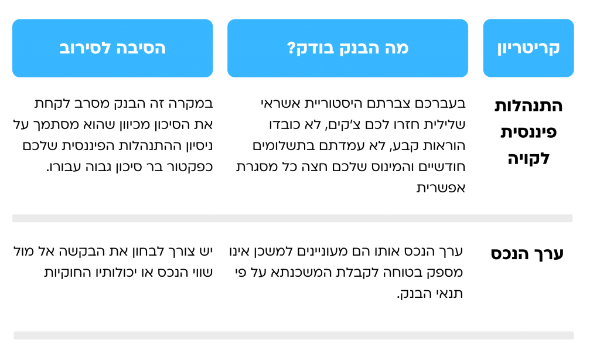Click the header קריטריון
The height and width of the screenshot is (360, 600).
pos(529,48)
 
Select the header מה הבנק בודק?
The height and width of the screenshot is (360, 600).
pos(348,48)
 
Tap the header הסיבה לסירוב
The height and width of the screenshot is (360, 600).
pos(112,48)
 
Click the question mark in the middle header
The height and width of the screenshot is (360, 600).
pos(291,48)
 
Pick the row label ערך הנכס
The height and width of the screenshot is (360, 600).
pos(527,253)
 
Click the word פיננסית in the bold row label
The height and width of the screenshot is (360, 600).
pos(529,132)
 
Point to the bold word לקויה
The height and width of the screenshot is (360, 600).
pos(529,158)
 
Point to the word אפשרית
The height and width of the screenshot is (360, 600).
pos(441,188)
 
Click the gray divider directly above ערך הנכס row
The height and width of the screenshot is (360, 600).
pos(292,218)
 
